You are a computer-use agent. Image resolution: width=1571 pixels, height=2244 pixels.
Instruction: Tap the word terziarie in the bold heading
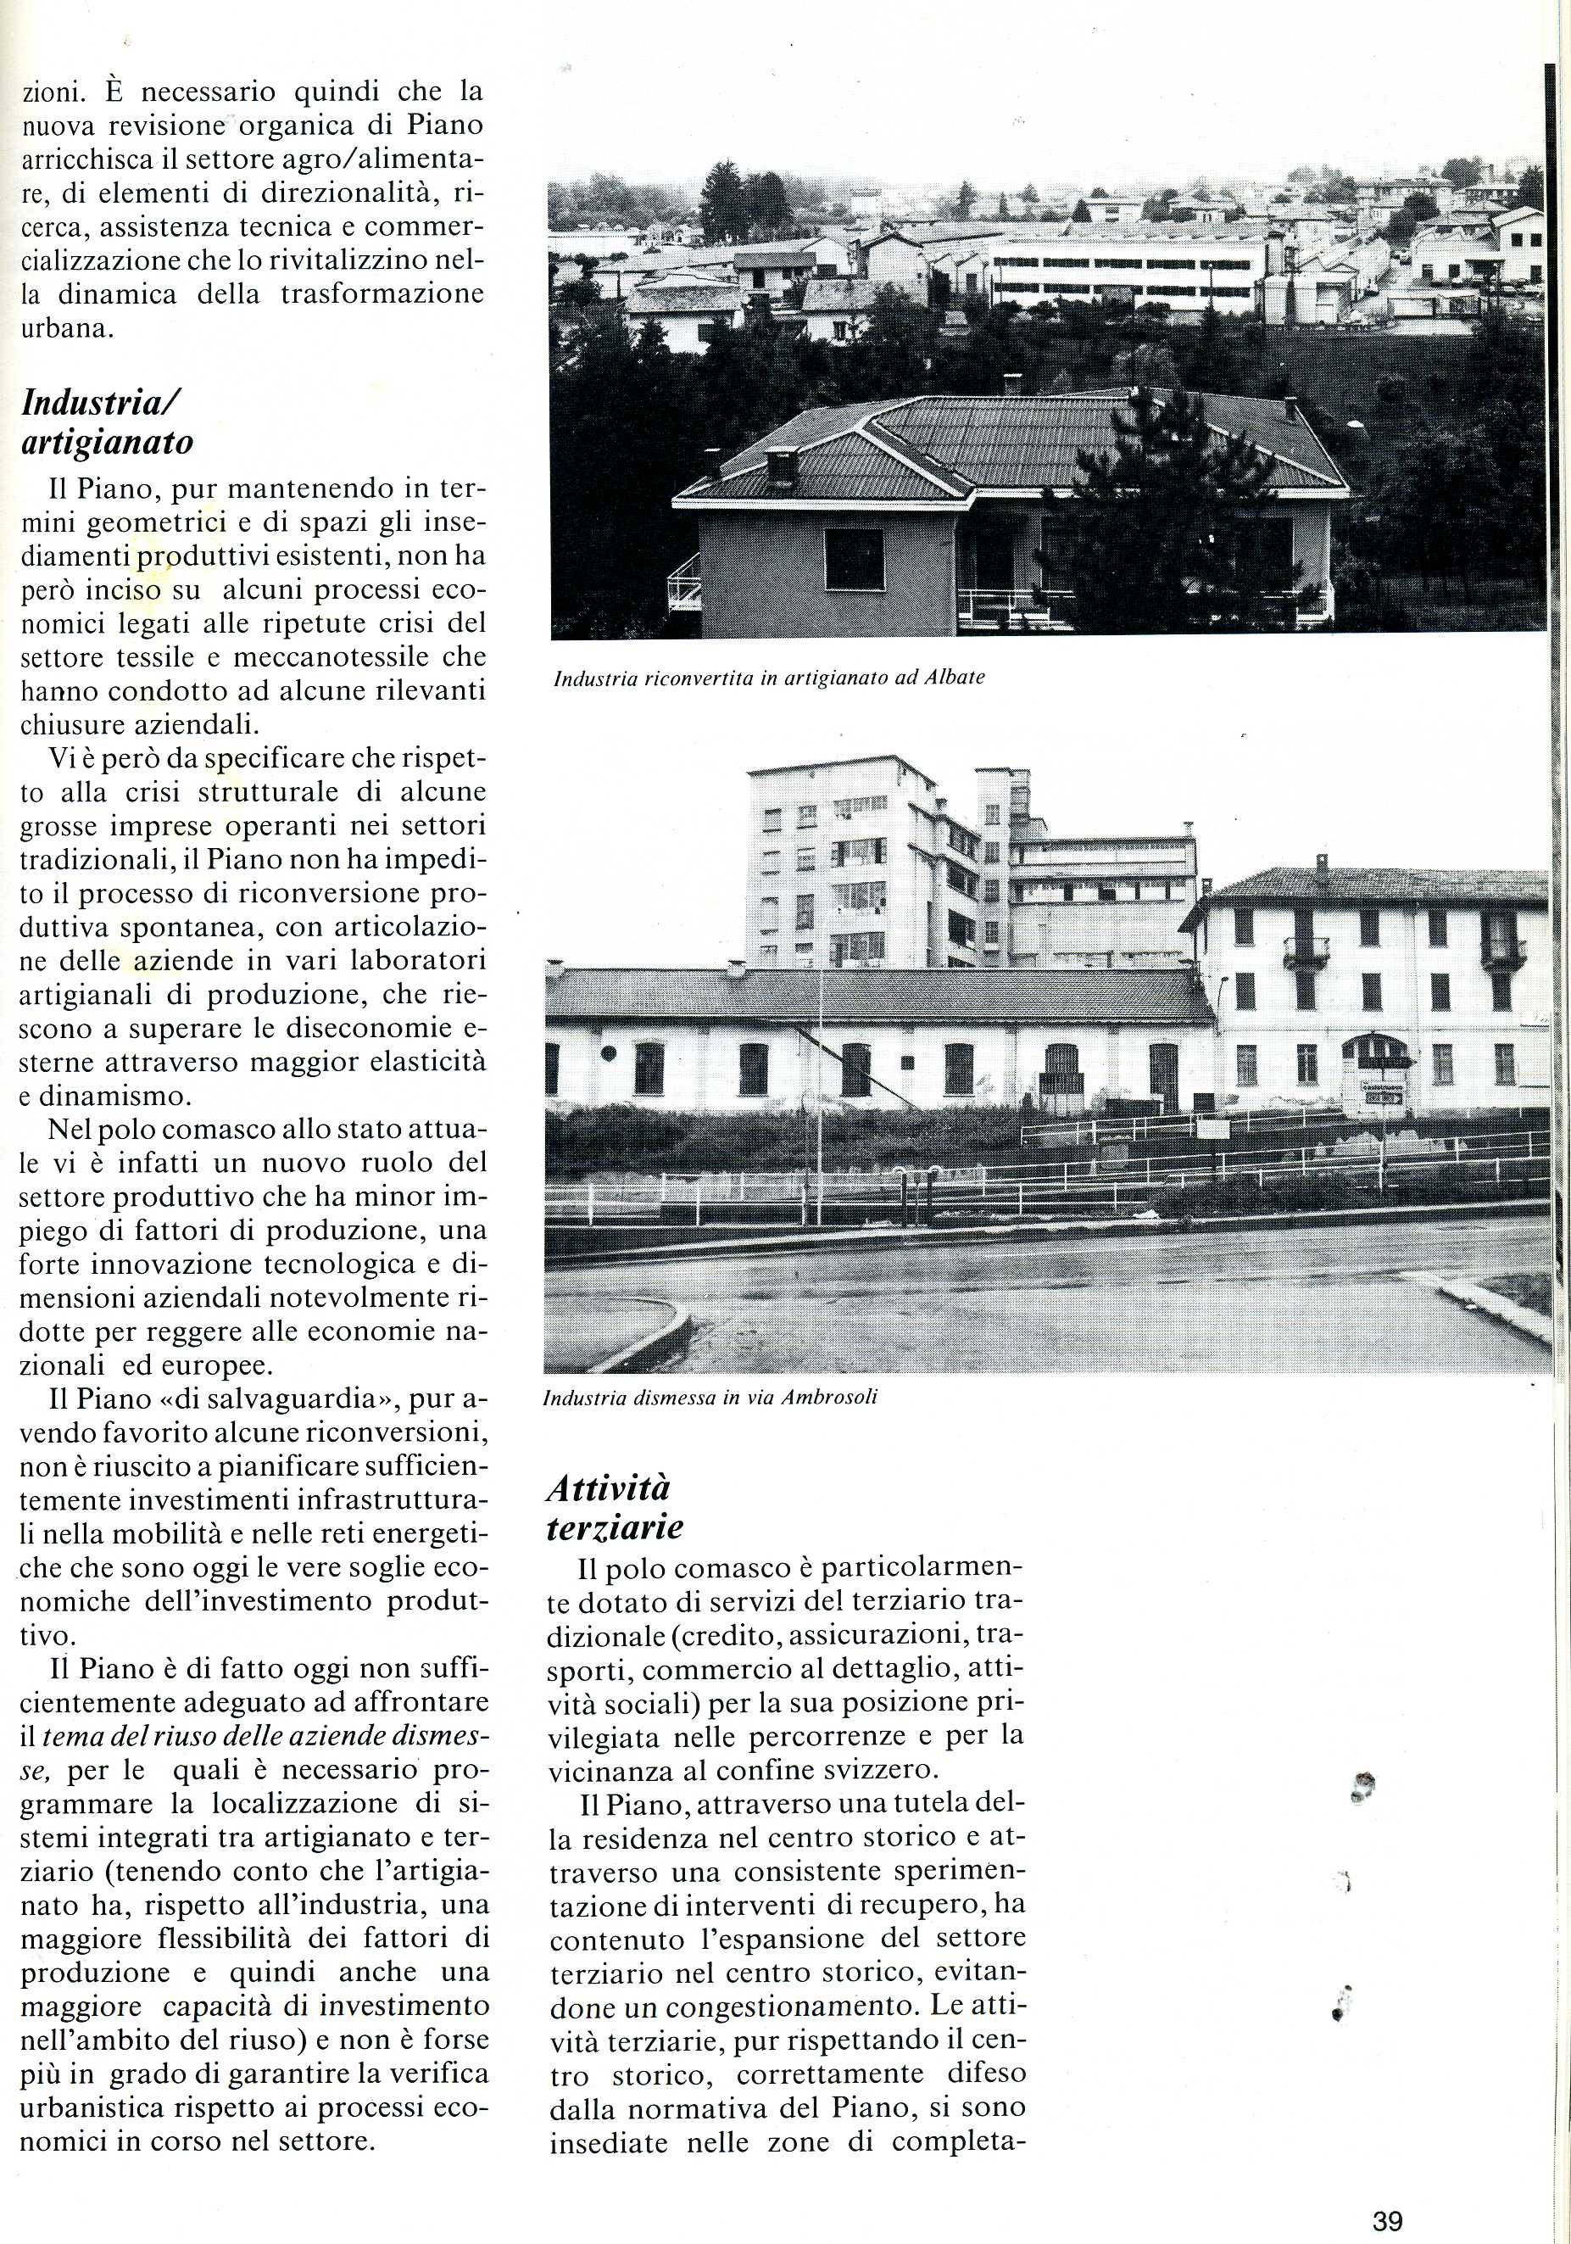(x=615, y=1527)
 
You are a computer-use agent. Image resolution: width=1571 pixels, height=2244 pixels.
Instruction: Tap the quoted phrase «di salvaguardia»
(x=275, y=1399)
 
